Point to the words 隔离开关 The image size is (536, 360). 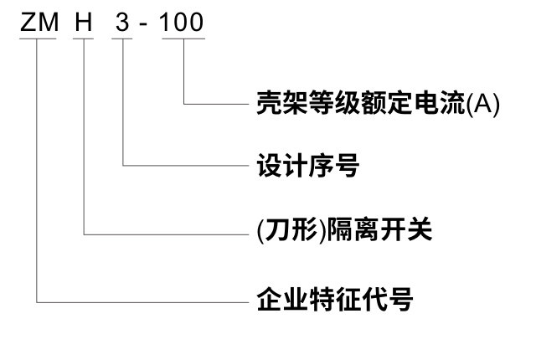tap(369, 227)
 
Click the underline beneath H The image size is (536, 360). tap(86, 38)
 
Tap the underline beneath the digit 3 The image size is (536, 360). tap(126, 38)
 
